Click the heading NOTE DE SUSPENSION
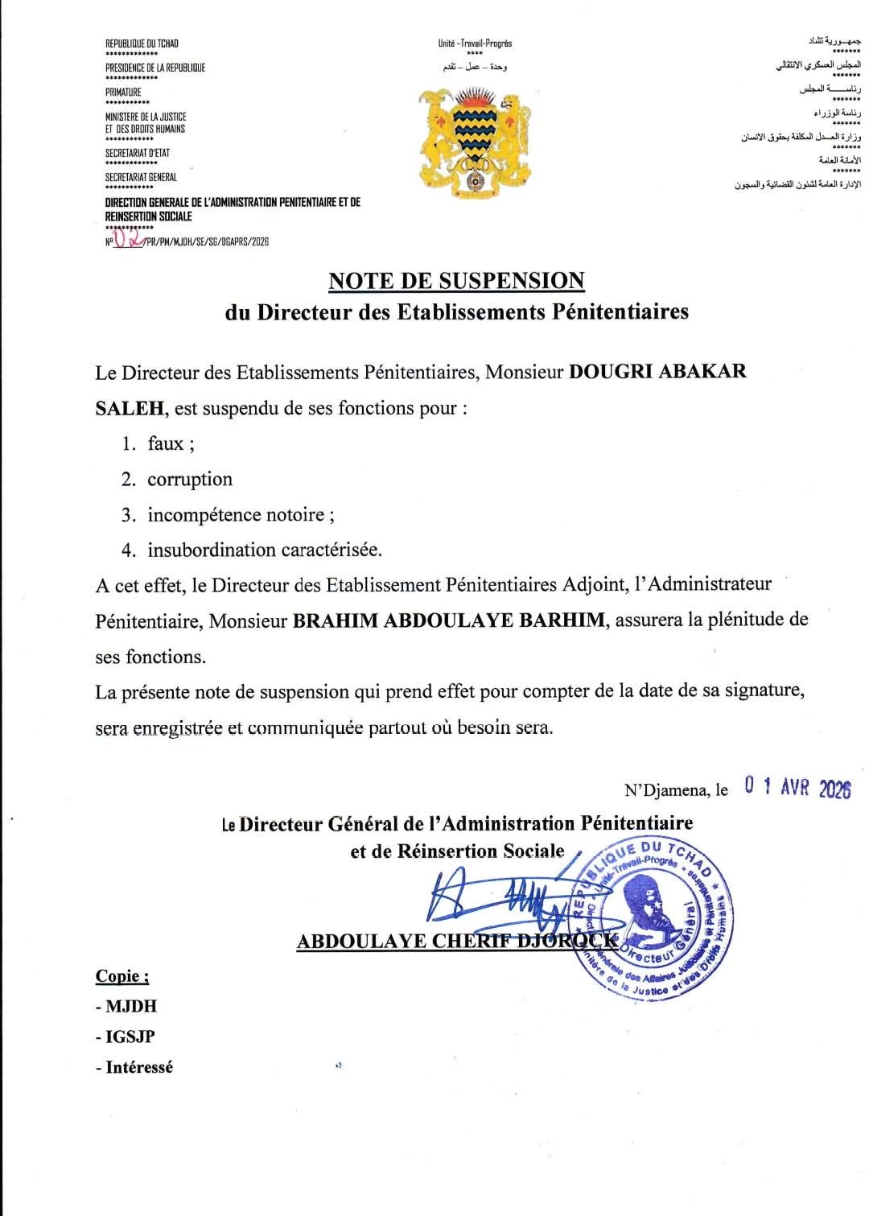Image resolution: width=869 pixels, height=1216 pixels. click(x=456, y=281)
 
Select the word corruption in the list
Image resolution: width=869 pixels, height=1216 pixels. click(x=190, y=480)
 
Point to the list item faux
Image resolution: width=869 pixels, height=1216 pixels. click(x=166, y=443)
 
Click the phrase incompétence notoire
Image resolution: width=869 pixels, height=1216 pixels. click(x=236, y=515)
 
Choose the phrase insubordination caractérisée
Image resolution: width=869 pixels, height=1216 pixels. click(x=264, y=550)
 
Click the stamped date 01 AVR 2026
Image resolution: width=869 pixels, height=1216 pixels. click(x=797, y=788)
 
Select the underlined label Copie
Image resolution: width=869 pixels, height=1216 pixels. click(x=121, y=976)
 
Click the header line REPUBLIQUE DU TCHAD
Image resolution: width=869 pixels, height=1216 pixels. click(x=142, y=43)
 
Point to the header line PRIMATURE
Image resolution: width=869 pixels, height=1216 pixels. click(x=123, y=93)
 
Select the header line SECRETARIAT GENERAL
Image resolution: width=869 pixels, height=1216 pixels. click(x=141, y=177)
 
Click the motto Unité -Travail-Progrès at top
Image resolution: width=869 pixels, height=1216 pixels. click(x=475, y=43)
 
